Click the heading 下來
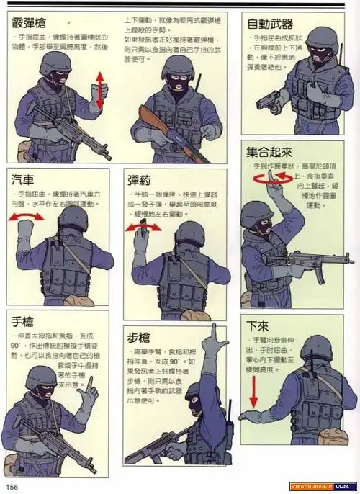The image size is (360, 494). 258,325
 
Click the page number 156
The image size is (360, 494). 13,486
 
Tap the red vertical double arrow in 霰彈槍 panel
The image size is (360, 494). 99,91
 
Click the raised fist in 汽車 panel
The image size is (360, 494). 27,230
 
